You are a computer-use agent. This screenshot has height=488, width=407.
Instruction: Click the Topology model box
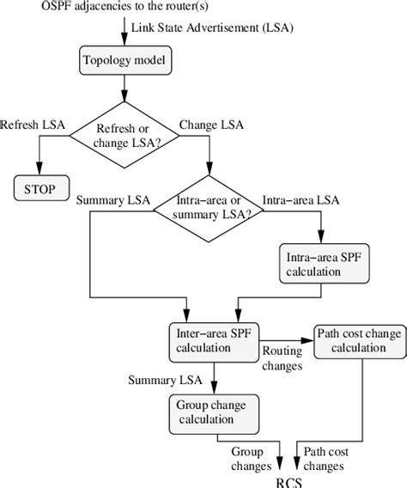[126, 62]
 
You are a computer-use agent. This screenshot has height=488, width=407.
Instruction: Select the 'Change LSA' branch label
[212, 125]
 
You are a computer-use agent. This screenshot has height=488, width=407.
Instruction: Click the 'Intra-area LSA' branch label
[301, 200]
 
